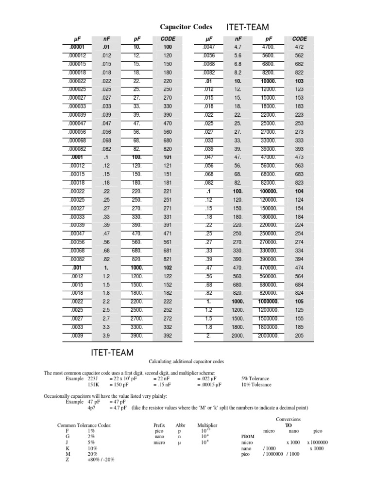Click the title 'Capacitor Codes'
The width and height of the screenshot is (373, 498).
[186, 27]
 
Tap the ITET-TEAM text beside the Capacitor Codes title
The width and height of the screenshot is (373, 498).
[248, 27]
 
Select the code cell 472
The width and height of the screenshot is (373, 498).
[300, 47]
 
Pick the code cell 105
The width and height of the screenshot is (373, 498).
[300, 301]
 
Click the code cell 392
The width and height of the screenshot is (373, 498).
[167, 335]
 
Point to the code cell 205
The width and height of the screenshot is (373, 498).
[300, 335]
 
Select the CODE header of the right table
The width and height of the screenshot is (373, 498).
[300, 39]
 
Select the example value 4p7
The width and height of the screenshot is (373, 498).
[92, 408]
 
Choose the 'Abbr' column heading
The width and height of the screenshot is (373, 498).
[180, 425]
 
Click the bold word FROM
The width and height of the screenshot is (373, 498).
[248, 437]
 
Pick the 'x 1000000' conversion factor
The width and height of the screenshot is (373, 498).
[317, 443]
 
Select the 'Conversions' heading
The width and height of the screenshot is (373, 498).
[288, 419]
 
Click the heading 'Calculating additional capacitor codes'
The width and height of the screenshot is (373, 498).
[186, 361]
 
